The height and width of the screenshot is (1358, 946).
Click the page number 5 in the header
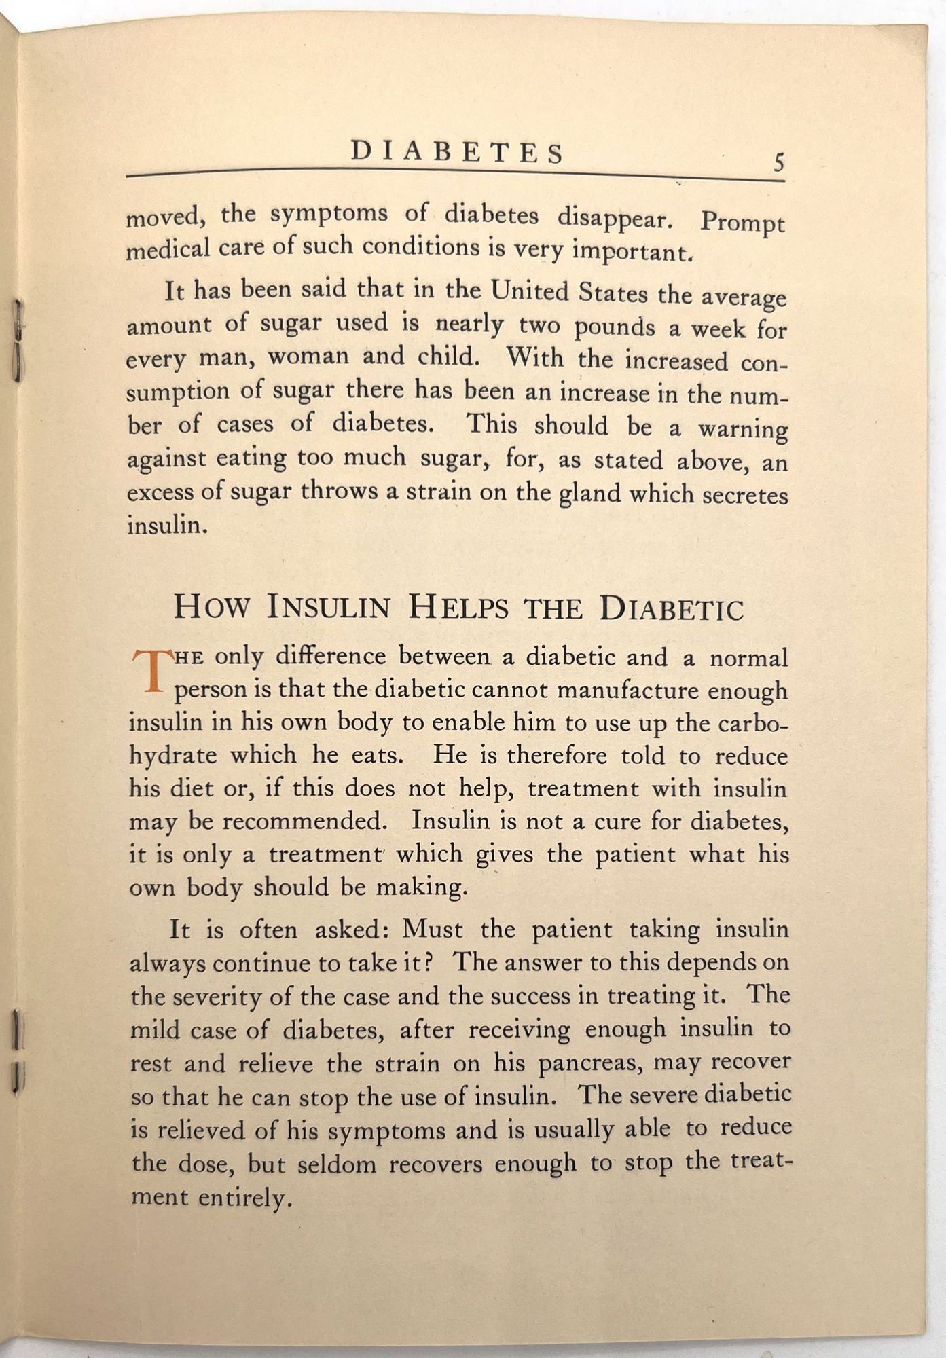[778, 163]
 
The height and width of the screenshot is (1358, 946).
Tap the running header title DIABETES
[457, 152]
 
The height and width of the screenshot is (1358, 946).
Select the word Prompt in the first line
[742, 224]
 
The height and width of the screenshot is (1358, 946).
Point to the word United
[530, 292]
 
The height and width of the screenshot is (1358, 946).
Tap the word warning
[743, 429]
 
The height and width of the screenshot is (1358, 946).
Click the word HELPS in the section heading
[458, 607]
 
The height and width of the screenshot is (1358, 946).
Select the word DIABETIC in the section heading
[671, 608]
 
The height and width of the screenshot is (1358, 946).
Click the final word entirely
[245, 1198]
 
